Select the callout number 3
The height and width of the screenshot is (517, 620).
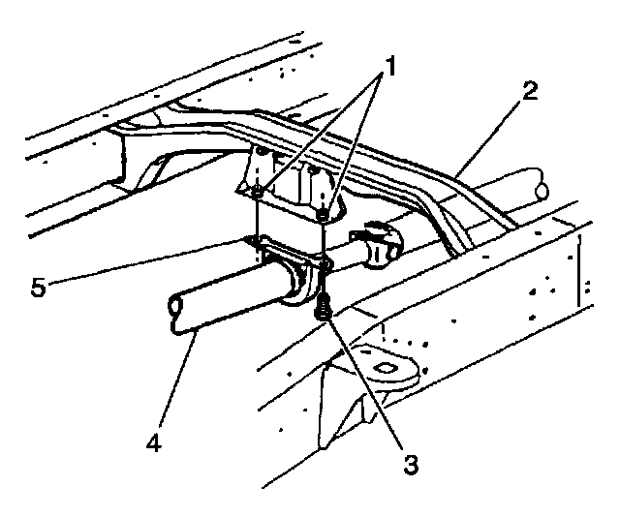[411, 464]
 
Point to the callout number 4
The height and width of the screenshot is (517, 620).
[153, 445]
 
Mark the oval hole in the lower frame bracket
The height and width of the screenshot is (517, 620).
[387, 366]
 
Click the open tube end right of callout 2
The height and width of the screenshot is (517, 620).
[536, 183]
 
